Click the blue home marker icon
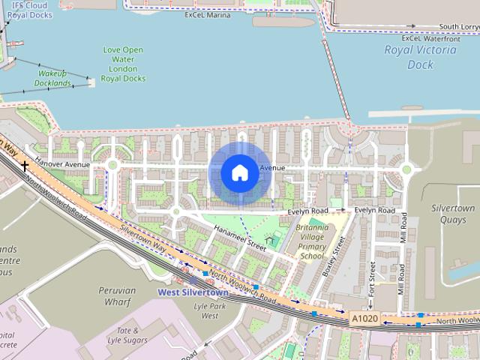pos(239,173)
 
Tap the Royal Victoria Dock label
pos(420,57)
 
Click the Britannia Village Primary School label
pos(313,241)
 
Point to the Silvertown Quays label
pos(453,214)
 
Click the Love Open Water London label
pos(123,64)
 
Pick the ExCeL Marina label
pos(206,14)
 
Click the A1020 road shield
pos(364,318)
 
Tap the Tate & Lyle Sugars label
pos(127,334)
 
